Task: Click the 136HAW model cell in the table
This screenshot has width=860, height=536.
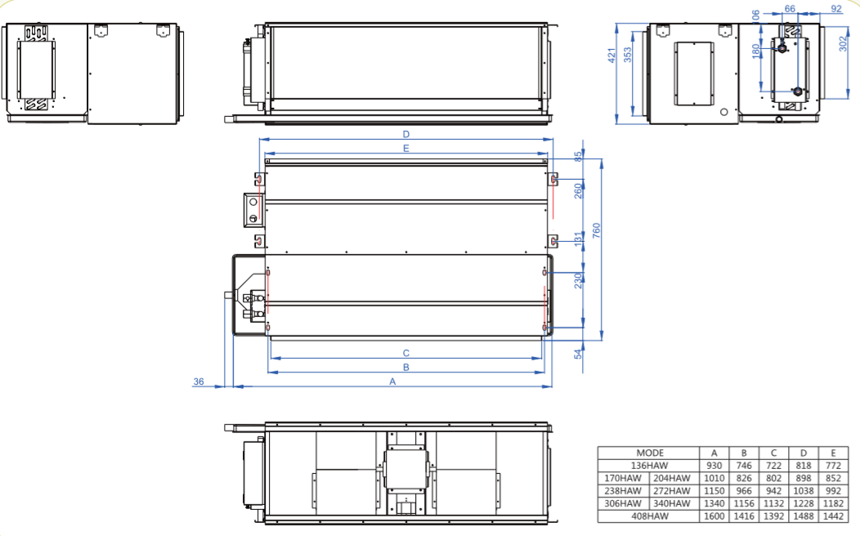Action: point(649,466)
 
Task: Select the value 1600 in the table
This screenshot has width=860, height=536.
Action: point(714,516)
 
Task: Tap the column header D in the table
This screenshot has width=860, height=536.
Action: point(804,453)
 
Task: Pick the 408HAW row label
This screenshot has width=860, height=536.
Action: point(649,516)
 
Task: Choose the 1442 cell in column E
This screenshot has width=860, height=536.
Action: point(833,516)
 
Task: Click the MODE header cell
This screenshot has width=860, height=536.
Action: point(650,453)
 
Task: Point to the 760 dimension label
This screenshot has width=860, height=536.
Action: point(597,230)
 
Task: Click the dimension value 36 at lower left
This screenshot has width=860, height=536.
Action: point(199,382)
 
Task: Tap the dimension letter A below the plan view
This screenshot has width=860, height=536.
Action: point(392,382)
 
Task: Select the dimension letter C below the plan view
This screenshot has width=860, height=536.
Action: point(405,354)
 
